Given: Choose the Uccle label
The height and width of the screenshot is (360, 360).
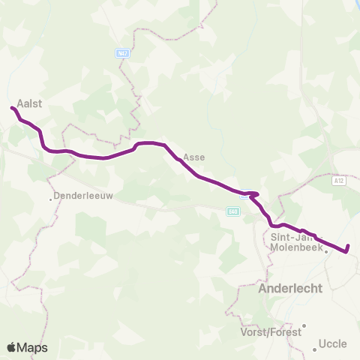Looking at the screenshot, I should click(x=333, y=344).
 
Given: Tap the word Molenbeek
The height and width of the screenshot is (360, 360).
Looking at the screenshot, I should click(x=295, y=248).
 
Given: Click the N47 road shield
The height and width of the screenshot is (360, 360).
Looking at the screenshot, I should click(x=123, y=54).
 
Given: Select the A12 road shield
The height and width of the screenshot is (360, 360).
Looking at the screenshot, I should click(x=338, y=180).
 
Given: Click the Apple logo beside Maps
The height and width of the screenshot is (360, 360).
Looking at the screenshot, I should click(x=13, y=347).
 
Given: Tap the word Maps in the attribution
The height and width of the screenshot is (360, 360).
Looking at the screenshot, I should click(x=33, y=347).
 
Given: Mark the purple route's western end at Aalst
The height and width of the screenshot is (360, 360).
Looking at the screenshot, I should click(x=12, y=109).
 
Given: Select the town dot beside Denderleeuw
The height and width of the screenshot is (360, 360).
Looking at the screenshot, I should click(x=50, y=199).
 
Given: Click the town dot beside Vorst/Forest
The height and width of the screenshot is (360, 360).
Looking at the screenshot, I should click(x=304, y=325).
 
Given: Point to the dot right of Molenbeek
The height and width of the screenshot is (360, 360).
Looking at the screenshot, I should click(x=327, y=252).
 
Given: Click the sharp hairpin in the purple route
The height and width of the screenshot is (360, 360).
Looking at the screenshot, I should click(x=256, y=194).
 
